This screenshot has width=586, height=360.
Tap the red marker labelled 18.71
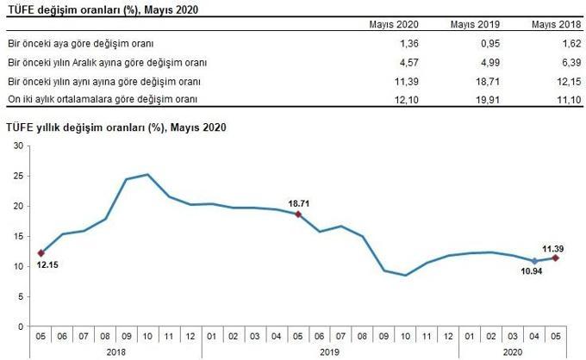297,214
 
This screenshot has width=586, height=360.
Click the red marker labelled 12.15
41,253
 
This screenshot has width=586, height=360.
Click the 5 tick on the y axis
20,297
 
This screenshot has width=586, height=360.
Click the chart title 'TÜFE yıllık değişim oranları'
115,127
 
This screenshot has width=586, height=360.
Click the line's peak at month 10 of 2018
147,175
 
